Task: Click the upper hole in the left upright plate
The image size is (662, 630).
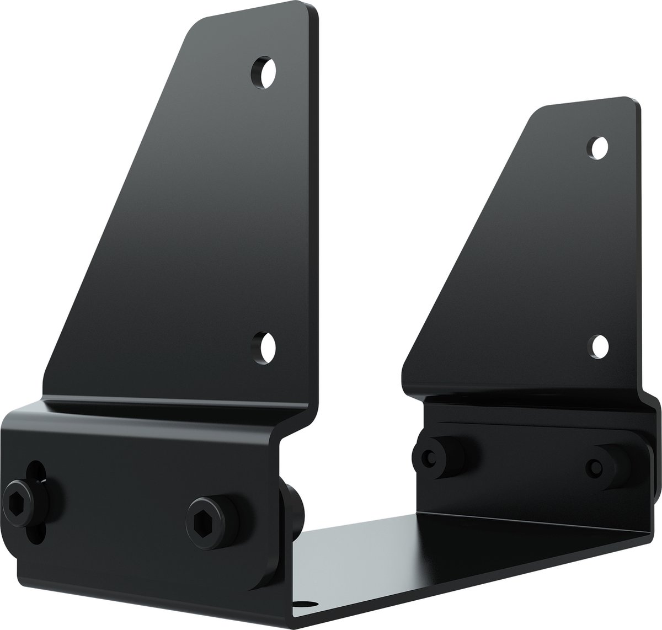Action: coord(264,72)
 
